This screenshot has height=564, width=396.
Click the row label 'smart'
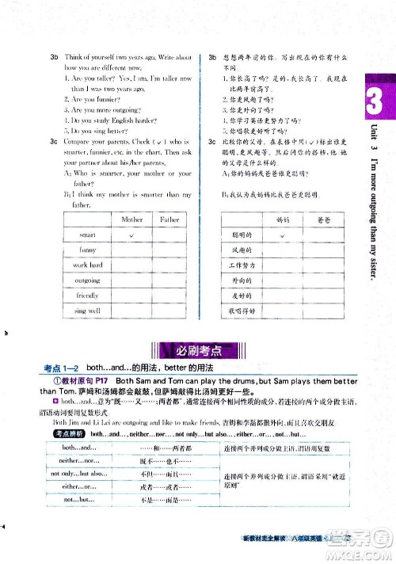(x=87, y=234)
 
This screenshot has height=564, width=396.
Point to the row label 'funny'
(x=87, y=250)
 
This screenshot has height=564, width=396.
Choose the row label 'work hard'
(x=87, y=265)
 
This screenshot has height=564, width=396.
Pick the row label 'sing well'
(x=87, y=311)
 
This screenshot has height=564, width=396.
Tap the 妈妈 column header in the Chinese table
(x=280, y=219)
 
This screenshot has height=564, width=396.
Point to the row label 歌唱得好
(x=240, y=311)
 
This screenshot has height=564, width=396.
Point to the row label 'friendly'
(x=87, y=295)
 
